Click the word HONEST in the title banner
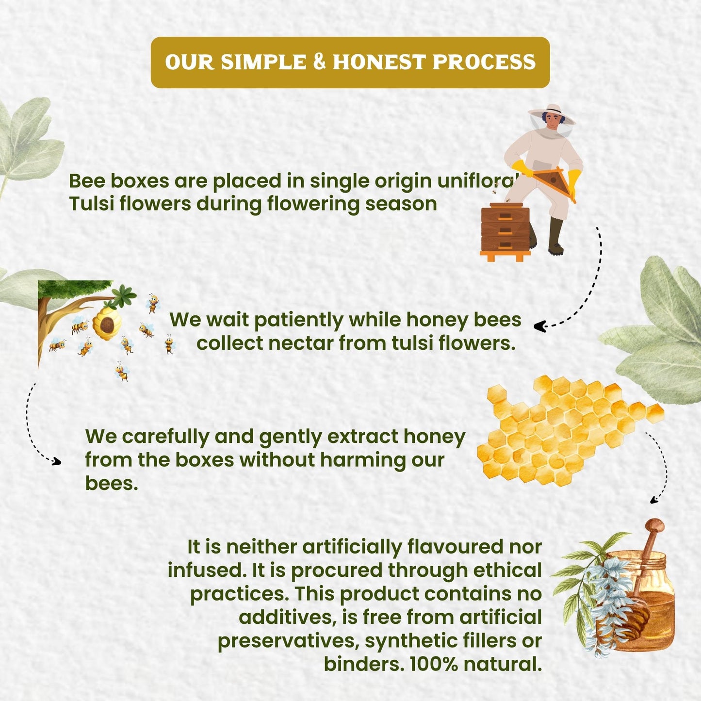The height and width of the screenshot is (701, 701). (x=379, y=62)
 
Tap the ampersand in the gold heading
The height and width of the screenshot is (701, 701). (x=319, y=62)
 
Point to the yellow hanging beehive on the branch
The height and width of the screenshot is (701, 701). (x=107, y=323)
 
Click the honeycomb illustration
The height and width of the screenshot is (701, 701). (x=570, y=431)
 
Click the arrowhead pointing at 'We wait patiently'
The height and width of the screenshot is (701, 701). (x=539, y=326)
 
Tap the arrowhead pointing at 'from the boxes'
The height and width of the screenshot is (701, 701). (x=56, y=461)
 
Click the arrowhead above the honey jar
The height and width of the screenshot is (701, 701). (x=654, y=501)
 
